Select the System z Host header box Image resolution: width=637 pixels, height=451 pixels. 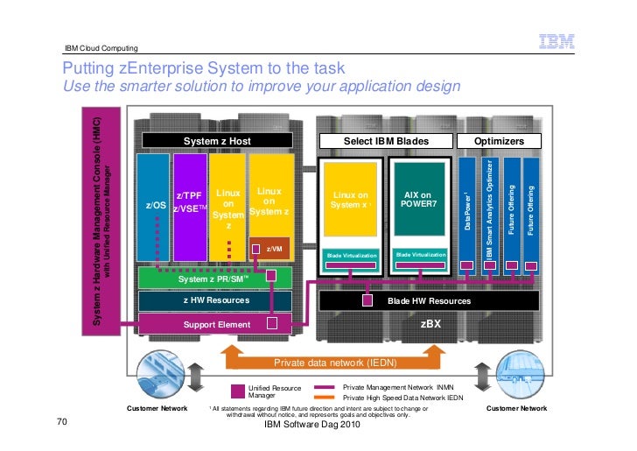(x=216, y=141)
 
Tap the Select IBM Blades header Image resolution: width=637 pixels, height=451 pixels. (x=387, y=141)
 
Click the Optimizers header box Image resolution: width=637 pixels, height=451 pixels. (x=500, y=141)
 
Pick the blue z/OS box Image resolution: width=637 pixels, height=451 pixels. (x=154, y=208)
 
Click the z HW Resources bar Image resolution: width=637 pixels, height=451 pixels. (x=215, y=300)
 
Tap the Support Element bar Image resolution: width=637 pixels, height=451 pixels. (x=215, y=325)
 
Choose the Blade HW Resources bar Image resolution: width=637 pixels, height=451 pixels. (x=429, y=300)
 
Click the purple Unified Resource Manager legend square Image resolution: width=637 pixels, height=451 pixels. (x=237, y=391)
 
